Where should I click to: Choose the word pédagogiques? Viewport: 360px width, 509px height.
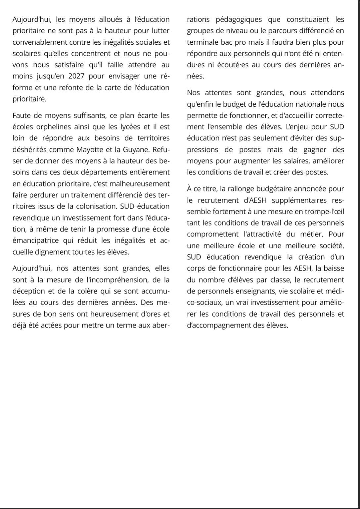coord(239,20)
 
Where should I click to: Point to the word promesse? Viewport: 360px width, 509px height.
coord(115,229)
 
